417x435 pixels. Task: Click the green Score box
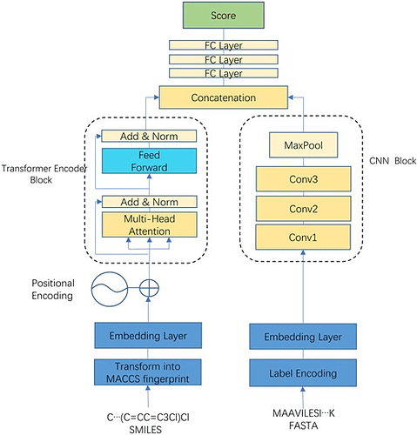click(x=223, y=16)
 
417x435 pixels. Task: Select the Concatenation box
click(x=224, y=97)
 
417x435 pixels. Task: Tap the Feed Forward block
click(x=149, y=161)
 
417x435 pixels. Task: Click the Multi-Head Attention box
click(x=149, y=224)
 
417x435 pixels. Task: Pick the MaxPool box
click(x=303, y=145)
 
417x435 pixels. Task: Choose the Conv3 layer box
click(x=303, y=179)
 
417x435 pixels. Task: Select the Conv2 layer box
click(x=303, y=209)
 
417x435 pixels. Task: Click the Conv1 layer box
click(x=303, y=237)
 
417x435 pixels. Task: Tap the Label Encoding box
click(x=303, y=373)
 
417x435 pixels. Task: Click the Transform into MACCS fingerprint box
click(x=148, y=372)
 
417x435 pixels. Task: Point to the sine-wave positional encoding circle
click(x=110, y=289)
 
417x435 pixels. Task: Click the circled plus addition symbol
click(x=149, y=289)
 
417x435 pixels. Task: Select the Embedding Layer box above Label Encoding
click(x=303, y=337)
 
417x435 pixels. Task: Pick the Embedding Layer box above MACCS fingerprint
click(x=148, y=336)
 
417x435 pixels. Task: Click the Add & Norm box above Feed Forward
click(x=149, y=136)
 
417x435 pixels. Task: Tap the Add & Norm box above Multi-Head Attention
click(x=149, y=202)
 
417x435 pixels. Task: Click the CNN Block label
click(x=393, y=161)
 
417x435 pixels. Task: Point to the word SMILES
click(x=145, y=430)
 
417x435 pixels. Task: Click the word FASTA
click(x=303, y=425)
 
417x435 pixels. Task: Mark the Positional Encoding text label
click(x=53, y=290)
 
